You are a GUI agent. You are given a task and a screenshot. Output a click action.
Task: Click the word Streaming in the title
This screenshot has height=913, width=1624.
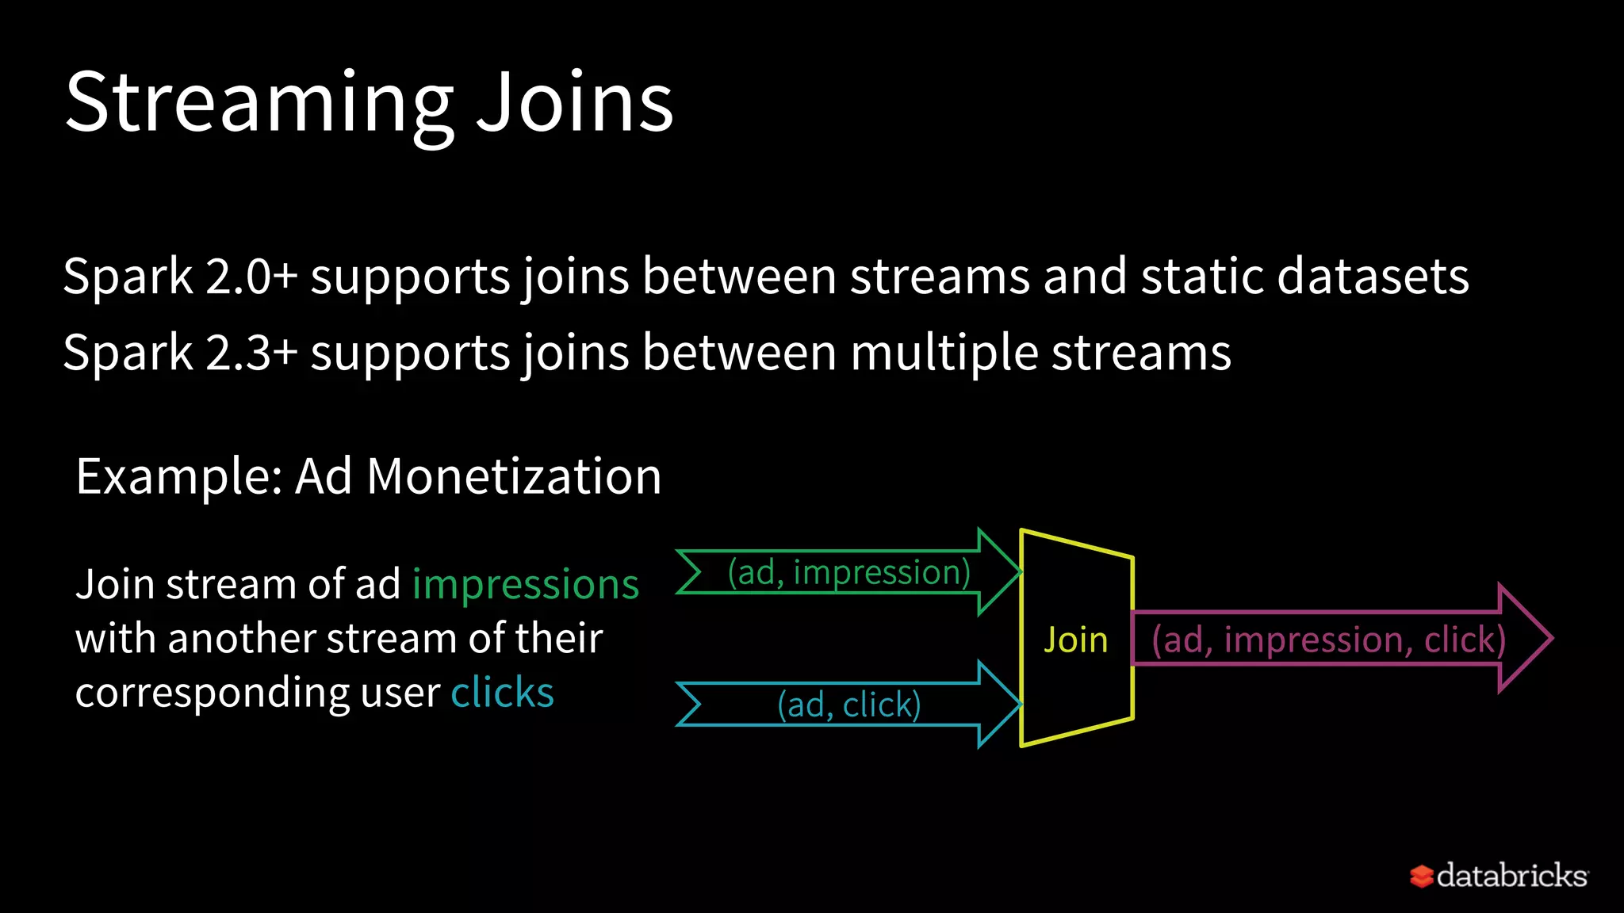259,103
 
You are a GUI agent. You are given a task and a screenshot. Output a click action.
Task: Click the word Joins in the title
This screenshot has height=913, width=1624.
574,103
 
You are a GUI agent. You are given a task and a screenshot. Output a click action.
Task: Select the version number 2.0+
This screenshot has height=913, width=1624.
251,277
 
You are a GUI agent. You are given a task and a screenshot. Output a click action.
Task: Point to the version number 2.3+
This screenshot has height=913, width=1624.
251,353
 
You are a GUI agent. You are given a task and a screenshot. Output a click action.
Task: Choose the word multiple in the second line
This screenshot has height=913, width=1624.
944,353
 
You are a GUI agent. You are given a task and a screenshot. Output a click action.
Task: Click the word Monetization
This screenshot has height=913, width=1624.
514,477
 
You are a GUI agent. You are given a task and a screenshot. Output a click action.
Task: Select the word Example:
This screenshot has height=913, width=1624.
179,477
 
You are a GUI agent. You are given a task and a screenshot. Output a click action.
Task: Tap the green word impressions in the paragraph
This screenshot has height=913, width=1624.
525,585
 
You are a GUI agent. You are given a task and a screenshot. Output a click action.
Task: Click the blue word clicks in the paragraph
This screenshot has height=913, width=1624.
502,693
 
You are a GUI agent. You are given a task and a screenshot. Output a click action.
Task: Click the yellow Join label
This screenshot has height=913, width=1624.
1075,640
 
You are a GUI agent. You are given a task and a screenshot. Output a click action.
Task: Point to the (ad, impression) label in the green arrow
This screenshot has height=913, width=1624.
848,572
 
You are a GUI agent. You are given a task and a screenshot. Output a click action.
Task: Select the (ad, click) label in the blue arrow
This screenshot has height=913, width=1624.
848,705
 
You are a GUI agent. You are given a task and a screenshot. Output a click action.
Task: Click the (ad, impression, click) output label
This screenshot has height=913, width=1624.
1328,640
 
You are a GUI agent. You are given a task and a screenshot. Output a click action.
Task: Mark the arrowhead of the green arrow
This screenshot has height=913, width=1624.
997,571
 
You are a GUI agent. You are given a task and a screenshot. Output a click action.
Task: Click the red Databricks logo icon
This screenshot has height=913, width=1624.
1421,876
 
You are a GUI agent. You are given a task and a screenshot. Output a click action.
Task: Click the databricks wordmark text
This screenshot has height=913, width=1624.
1511,876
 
